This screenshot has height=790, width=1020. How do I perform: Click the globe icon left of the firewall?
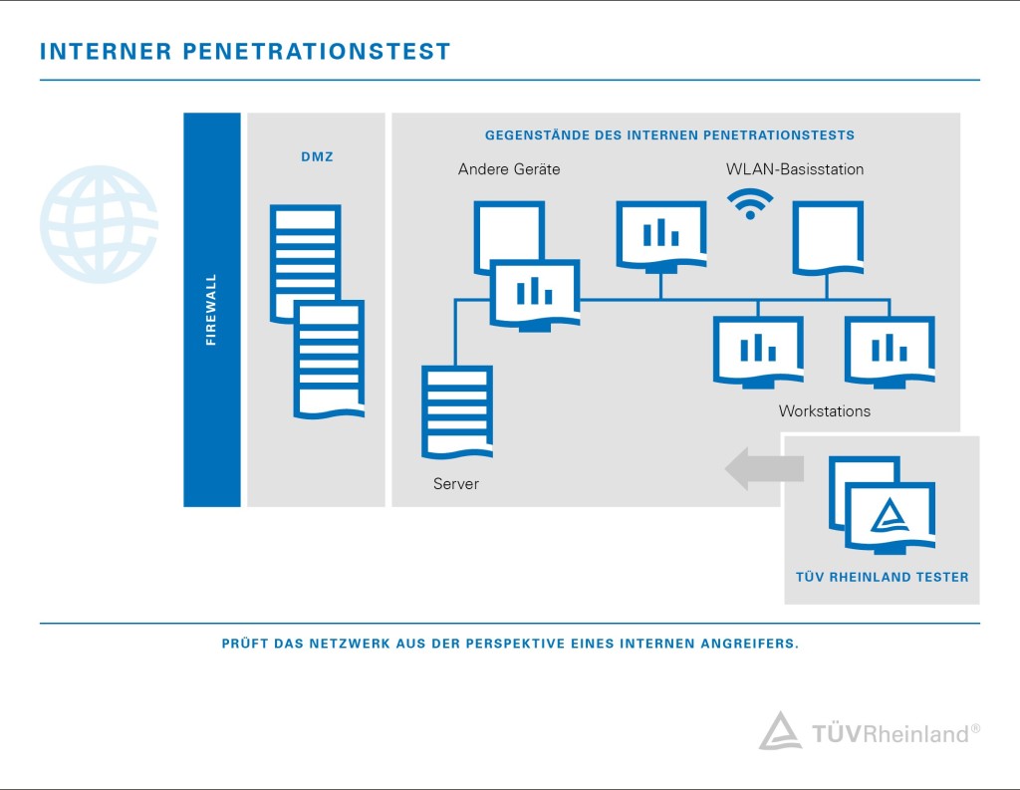[99, 224]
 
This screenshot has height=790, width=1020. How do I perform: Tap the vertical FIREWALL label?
[211, 310]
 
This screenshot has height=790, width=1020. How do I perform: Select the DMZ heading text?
[317, 156]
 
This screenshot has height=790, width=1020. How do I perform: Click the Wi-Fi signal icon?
[750, 204]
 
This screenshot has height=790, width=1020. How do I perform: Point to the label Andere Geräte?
[509, 169]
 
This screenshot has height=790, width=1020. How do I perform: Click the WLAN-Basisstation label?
[795, 169]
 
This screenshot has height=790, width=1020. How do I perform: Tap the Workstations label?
[824, 411]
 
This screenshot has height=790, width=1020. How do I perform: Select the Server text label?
[456, 483]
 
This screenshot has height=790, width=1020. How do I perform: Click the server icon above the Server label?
[457, 411]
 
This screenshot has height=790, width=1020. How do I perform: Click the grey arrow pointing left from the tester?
[764, 468]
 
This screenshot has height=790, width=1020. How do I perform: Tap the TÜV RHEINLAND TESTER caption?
[883, 577]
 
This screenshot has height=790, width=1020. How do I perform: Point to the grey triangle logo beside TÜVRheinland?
[780, 731]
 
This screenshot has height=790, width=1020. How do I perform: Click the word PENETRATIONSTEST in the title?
[317, 52]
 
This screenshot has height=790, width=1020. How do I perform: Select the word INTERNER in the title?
[106, 52]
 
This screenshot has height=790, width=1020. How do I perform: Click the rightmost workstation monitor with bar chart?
[890, 352]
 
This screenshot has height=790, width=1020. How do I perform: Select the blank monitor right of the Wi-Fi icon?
[828, 238]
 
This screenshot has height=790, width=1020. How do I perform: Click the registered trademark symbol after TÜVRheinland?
[975, 729]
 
